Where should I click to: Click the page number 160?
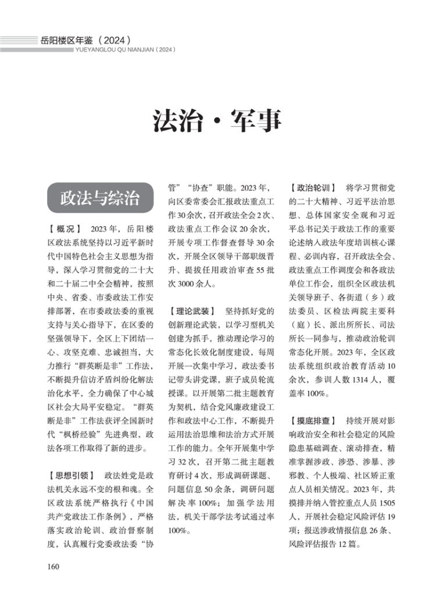[x=53, y=567]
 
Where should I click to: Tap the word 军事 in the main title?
[x=259, y=119]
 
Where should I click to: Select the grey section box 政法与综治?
[x=101, y=198]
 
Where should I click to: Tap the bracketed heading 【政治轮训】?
[x=313, y=188]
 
